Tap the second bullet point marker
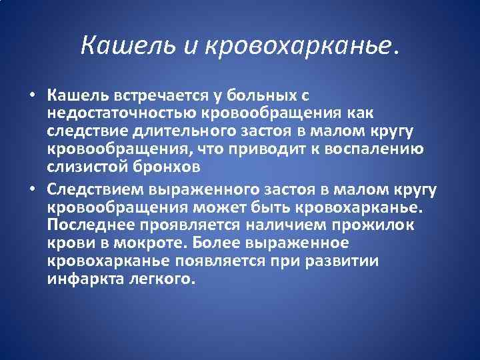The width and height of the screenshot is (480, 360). tap(32, 191)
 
